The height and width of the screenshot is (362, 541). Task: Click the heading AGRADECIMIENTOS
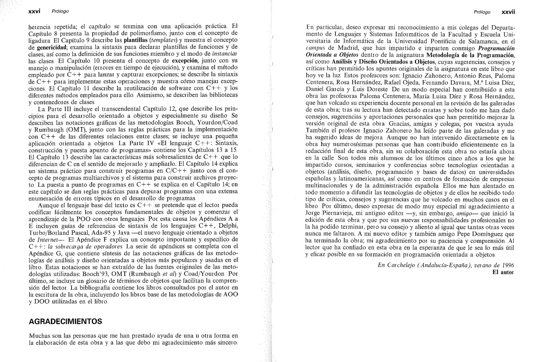[65, 321]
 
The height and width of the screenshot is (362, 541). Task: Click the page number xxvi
[34, 11]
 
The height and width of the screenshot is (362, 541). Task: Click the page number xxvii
[508, 12]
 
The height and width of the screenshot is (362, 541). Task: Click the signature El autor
[503, 272]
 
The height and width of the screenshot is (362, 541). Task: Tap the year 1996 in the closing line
[508, 265]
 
